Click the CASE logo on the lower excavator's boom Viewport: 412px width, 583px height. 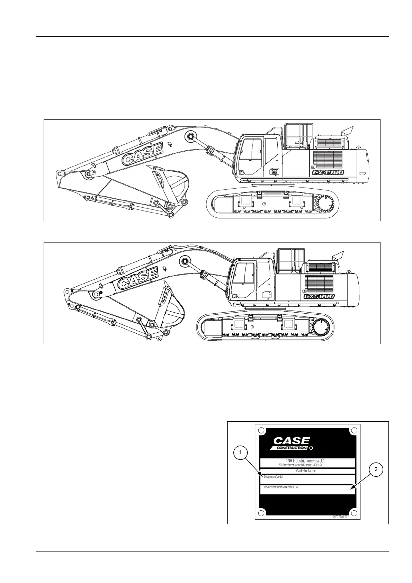pos(137,279)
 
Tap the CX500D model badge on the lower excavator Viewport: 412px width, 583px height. pos(319,296)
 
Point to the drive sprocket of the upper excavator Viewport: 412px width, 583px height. pos(324,204)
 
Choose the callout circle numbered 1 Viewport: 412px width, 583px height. pos(240,452)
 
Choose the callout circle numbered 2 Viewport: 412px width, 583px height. pos(376,470)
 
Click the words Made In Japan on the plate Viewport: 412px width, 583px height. pos(305,471)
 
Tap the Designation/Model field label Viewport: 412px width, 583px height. pos(273,477)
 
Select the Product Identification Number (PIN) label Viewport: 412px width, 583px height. pos(280,487)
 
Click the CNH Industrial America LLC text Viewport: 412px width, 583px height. pos(305,461)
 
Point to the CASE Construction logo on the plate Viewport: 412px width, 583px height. pos(292,443)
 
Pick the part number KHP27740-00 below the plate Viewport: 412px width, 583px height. pos(340,517)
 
